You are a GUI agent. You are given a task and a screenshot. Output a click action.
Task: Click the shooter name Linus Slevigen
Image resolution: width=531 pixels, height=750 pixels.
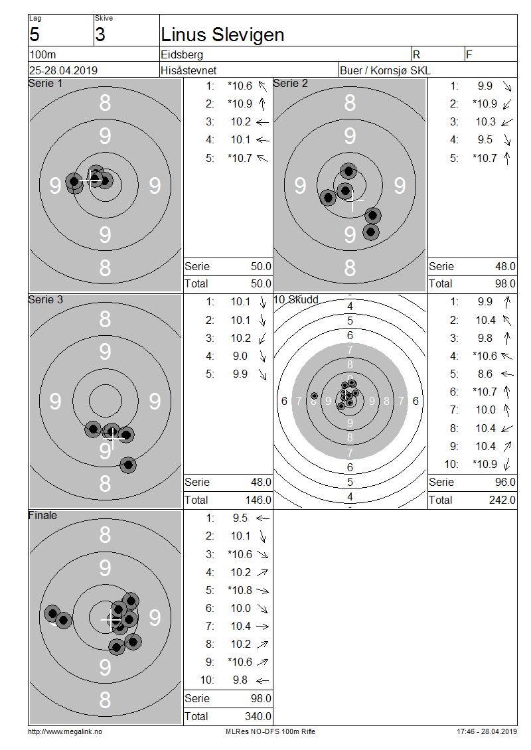(x=222, y=35)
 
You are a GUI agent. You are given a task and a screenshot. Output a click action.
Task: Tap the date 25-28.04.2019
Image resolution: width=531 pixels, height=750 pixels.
(x=63, y=70)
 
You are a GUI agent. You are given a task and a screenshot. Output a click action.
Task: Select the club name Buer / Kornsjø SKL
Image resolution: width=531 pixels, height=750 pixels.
(x=384, y=70)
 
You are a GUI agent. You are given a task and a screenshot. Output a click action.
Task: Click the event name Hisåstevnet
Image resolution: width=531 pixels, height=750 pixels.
(x=189, y=70)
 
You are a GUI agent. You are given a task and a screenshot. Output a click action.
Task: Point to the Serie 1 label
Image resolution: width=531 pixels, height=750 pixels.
(x=45, y=83)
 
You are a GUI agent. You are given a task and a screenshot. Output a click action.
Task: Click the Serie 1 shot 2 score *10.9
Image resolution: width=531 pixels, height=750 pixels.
(x=240, y=104)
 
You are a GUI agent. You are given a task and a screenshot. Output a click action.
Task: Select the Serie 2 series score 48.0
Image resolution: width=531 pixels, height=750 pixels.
(x=505, y=266)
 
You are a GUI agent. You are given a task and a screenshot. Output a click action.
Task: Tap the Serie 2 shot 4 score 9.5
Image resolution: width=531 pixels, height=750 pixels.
(x=485, y=139)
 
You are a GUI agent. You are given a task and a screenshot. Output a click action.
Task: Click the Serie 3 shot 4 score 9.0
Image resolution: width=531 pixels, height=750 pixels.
(x=240, y=356)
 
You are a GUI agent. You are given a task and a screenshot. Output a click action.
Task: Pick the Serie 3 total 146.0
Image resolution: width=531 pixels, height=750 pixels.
(x=258, y=500)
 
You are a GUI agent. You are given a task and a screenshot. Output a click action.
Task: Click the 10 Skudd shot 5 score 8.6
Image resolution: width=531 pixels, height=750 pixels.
(x=485, y=374)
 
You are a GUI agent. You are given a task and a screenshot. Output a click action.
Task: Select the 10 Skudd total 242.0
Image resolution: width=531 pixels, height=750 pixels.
(x=502, y=500)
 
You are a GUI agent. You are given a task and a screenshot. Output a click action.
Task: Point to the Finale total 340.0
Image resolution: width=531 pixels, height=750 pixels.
(x=258, y=716)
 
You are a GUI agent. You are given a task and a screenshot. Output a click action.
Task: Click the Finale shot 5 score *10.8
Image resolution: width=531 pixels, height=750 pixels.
(x=240, y=590)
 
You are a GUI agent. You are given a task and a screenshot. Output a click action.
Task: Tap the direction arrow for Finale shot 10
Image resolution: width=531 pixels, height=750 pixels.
(x=262, y=680)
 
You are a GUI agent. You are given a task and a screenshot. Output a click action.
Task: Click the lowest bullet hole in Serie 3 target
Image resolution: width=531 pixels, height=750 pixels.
(x=127, y=465)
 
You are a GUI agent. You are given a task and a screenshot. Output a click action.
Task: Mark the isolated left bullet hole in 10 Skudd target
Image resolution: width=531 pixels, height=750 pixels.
(x=315, y=396)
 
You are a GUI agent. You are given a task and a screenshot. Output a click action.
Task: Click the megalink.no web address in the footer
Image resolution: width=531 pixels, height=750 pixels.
(x=64, y=731)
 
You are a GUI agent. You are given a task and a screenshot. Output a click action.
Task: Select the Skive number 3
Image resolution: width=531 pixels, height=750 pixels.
(x=100, y=35)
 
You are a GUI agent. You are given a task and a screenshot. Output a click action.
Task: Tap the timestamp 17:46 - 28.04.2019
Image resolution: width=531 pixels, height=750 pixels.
(x=487, y=731)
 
